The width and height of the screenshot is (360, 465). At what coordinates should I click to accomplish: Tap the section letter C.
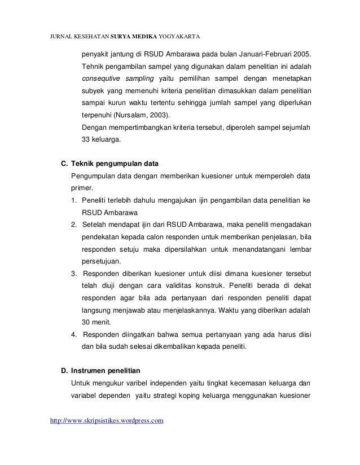[x=63, y=164]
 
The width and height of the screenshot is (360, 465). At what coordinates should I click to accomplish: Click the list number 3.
[x=74, y=274]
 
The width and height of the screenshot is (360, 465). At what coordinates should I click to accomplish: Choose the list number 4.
[x=74, y=334]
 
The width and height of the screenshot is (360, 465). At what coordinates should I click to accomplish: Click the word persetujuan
[x=102, y=261]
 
